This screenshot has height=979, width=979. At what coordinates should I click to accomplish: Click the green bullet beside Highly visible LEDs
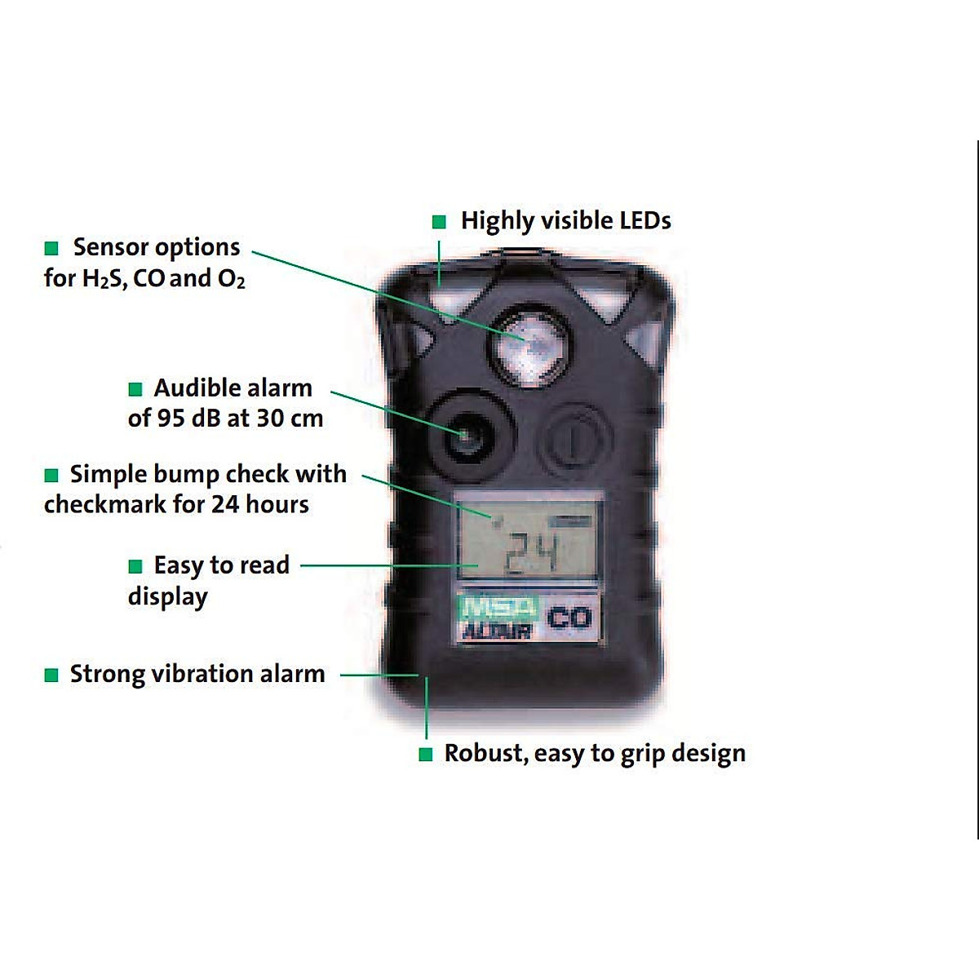point(439,222)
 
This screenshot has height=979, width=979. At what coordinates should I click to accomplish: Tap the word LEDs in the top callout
point(644,220)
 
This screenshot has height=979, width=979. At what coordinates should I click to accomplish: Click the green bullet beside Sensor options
point(51,248)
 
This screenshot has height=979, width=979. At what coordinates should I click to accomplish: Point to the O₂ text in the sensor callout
point(231,279)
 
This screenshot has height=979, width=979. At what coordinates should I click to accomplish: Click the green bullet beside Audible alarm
point(135,389)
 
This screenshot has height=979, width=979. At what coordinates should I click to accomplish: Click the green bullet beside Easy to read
point(135,566)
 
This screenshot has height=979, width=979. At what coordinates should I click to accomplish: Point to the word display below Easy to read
point(167,597)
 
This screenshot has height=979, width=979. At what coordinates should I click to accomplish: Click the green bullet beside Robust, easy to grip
point(425,755)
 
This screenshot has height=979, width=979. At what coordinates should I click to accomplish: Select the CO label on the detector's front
point(569,618)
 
